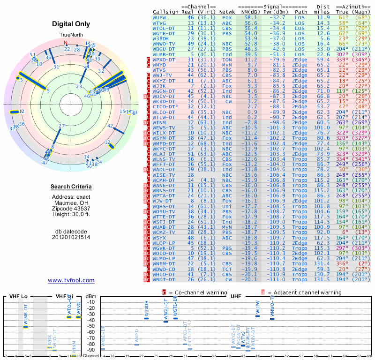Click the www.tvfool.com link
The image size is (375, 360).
71,280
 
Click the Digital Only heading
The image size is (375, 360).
71,24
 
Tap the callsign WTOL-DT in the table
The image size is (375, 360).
164,28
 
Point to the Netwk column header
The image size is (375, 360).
227,11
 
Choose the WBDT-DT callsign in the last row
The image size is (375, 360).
164,279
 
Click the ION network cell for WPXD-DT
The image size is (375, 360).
226,60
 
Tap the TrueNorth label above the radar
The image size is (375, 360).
71,35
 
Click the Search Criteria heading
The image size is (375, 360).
71,187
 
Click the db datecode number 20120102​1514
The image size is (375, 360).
71,237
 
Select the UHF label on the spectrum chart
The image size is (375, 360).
236,297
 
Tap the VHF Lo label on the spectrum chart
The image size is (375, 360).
18,297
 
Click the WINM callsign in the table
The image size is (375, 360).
159,122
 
